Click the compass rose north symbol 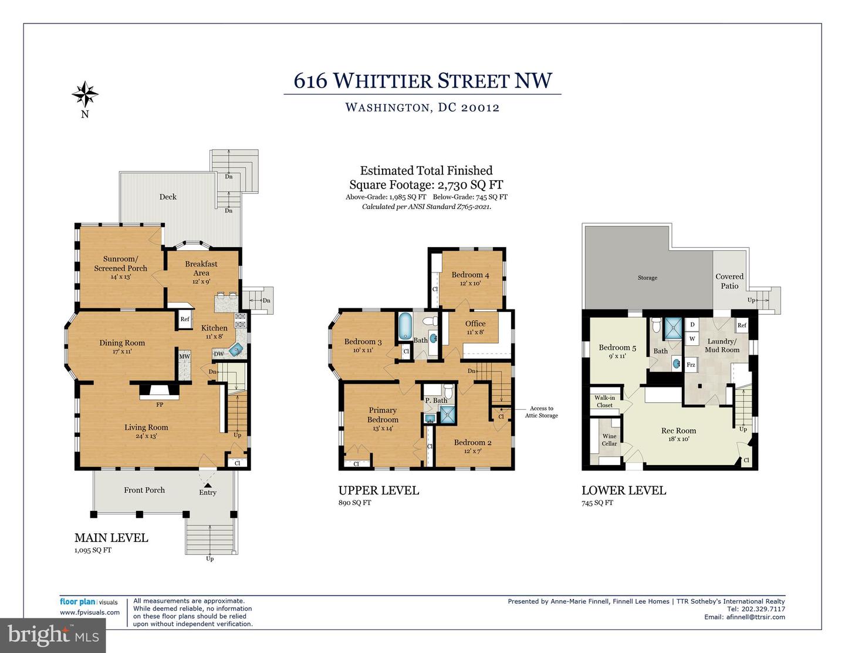click(x=84, y=94)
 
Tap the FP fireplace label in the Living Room click(x=160, y=405)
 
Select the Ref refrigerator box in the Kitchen click(x=185, y=319)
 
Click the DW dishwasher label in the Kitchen click(x=219, y=354)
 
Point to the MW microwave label click(x=184, y=356)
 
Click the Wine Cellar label click(x=609, y=440)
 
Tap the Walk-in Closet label click(x=604, y=402)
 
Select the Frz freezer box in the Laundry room click(x=691, y=365)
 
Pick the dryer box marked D click(x=692, y=325)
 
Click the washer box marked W click(x=692, y=339)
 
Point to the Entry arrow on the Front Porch click(x=208, y=485)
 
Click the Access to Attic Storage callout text click(x=541, y=412)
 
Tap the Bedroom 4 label click(x=470, y=275)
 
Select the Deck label click(x=168, y=197)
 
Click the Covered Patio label click(x=729, y=281)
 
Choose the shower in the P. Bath click(x=448, y=415)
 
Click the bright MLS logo click(x=53, y=635)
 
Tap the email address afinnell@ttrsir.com click(x=756, y=617)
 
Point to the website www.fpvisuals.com click(x=90, y=612)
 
